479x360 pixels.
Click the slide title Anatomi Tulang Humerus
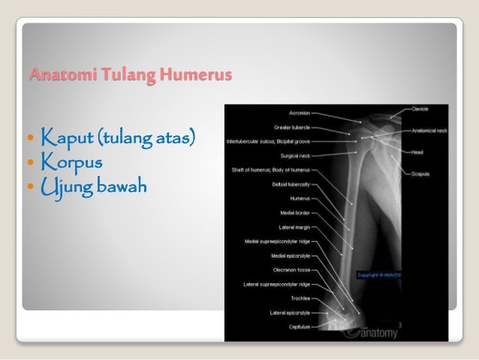pos(130,76)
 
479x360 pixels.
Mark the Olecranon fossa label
pos(290,269)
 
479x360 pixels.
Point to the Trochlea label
pos(297,298)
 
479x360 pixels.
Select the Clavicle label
pos(420,109)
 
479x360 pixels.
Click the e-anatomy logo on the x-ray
pos(369,327)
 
